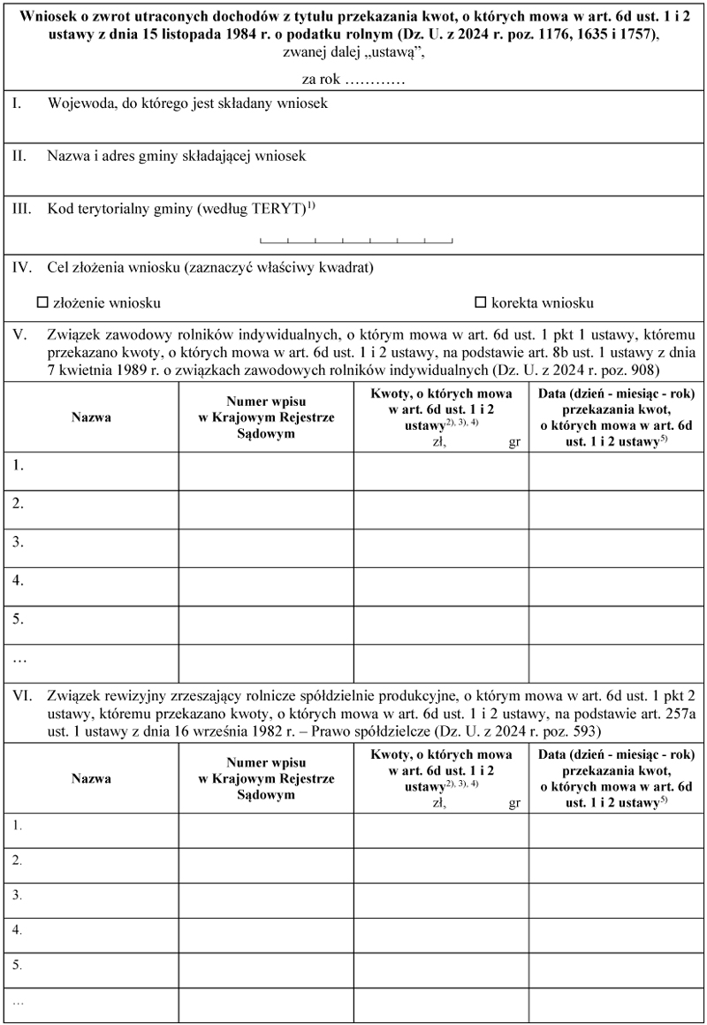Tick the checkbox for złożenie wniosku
[42, 302]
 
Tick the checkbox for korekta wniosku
[481, 302]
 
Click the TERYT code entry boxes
[356, 239]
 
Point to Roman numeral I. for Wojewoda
[17, 103]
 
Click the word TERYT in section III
[276, 210]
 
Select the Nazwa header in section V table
[91, 417]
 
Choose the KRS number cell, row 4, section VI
[266, 936]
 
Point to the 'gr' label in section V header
[514, 444]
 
